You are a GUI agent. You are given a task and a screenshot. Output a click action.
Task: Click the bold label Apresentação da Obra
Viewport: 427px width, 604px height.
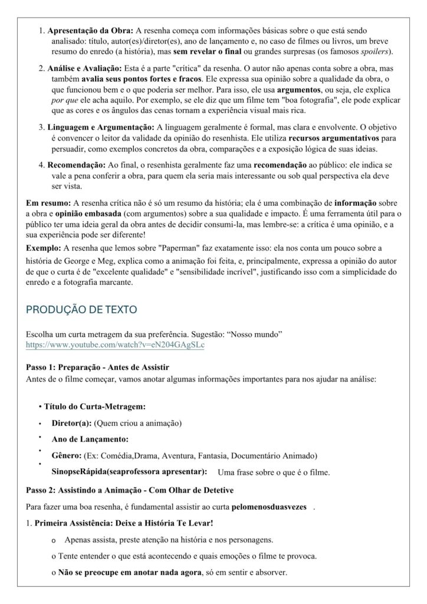[x=90, y=30]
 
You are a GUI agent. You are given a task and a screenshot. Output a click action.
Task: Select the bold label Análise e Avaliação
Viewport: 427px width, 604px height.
[x=83, y=68]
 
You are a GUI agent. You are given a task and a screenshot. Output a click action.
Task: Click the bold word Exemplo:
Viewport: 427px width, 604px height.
[x=44, y=247]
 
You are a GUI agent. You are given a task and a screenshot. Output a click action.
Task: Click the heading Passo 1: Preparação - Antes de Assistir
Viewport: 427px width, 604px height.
[x=98, y=367]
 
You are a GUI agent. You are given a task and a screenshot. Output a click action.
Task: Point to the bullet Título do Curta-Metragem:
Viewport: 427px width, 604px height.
[x=94, y=407]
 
